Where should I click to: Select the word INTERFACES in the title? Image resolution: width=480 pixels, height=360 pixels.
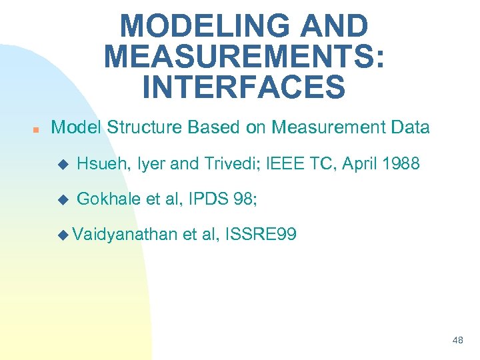point(244,87)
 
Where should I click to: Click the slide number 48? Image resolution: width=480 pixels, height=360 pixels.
point(457,340)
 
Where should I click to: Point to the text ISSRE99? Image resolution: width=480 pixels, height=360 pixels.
point(262,234)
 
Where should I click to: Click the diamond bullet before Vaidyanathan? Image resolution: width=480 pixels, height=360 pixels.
point(64,235)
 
